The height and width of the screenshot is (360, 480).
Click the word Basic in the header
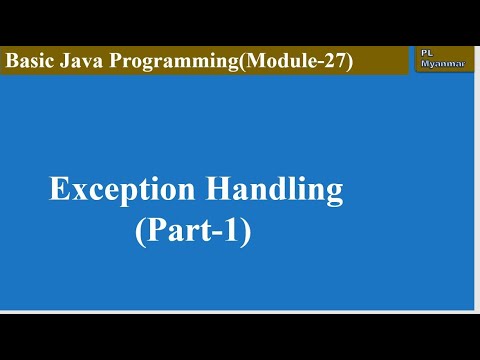click(28, 60)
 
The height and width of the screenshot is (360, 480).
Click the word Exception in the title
click(115, 189)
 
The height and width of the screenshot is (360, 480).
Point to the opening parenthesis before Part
click(140, 234)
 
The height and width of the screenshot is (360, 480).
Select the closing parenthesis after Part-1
click(245, 234)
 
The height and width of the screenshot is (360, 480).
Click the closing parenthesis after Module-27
click(349, 61)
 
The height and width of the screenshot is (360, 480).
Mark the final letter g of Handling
click(333, 194)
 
